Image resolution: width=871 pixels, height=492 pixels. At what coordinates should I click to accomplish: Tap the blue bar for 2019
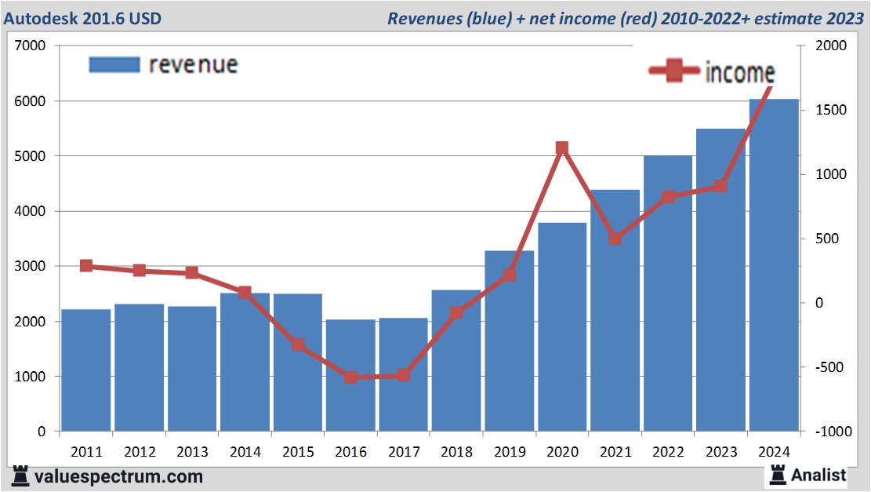coord(509,341)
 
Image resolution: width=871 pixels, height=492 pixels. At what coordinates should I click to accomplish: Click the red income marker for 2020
coord(561,148)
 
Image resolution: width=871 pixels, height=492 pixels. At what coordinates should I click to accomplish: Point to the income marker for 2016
coord(350,377)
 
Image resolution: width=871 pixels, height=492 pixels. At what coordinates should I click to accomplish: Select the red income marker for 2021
coord(615,239)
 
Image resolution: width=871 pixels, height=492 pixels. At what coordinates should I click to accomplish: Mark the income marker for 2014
coord(245,293)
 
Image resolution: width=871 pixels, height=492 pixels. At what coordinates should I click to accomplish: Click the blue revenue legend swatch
coord(114,64)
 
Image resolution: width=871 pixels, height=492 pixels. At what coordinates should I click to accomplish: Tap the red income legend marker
coord(673,71)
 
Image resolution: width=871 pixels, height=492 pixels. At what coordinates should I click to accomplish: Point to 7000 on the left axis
coord(31,46)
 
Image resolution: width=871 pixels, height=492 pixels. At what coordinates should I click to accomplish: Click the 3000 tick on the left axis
coord(31,267)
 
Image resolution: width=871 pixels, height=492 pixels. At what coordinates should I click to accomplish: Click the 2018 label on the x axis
coord(456,453)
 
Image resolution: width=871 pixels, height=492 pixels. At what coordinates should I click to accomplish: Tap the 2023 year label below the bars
coord(720,453)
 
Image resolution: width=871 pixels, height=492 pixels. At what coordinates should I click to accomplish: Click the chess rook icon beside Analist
coord(778,474)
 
